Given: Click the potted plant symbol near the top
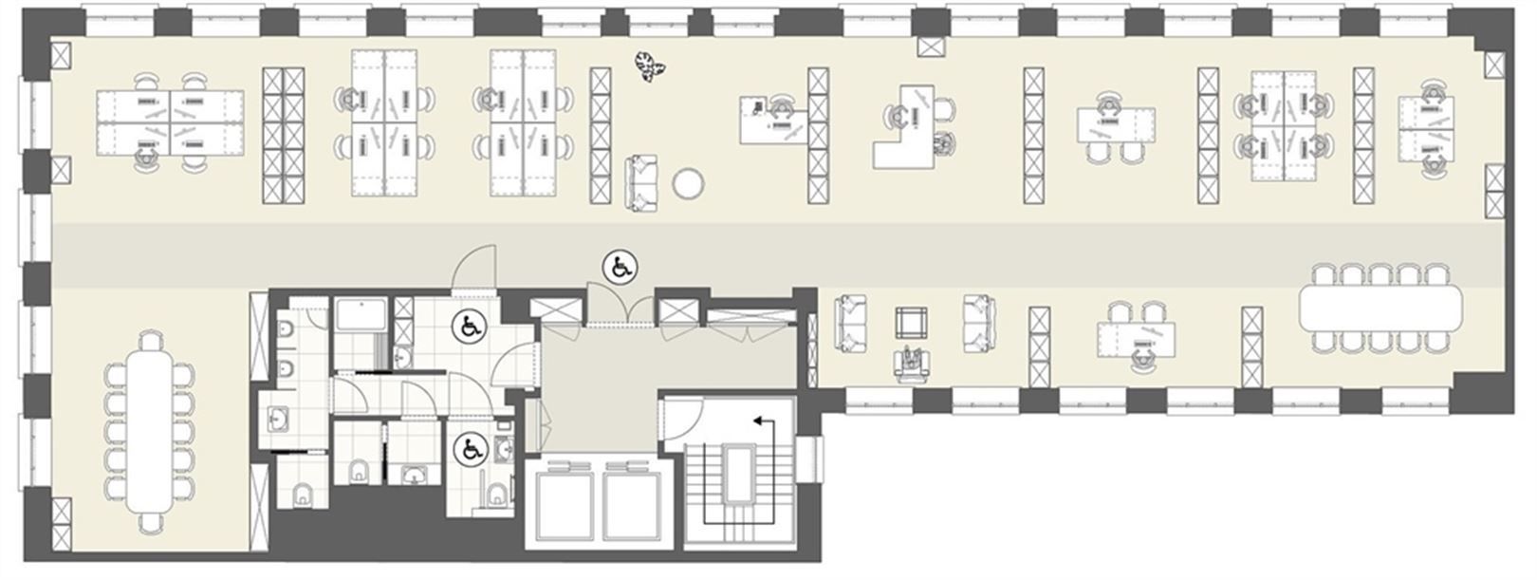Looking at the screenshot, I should tap(651, 66).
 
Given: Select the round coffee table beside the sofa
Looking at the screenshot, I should tap(689, 183).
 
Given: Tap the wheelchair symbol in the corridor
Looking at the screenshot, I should tap(621, 268).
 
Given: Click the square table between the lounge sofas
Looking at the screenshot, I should tap(914, 323).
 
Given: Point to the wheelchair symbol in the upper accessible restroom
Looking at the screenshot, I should tap(468, 327).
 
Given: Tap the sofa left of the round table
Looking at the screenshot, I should tap(641, 182).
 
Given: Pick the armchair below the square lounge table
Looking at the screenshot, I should tap(913, 365).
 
